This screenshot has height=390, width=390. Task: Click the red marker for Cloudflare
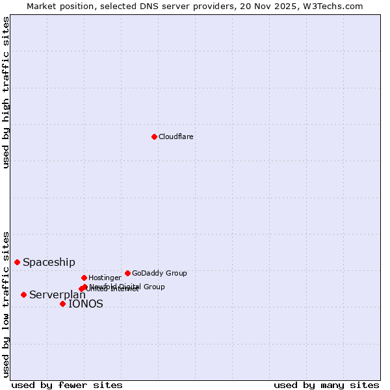click(x=154, y=136)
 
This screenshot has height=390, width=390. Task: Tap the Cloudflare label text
click(x=175, y=137)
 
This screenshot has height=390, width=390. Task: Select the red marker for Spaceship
click(x=18, y=262)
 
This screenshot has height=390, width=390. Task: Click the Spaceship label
click(x=49, y=263)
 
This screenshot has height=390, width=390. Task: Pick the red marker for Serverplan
click(x=24, y=294)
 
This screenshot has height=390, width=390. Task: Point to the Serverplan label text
click(x=57, y=295)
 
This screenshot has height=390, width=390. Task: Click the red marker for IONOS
click(x=62, y=304)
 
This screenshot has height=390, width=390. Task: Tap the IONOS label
click(x=86, y=304)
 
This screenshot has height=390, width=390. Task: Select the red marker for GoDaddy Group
click(x=127, y=273)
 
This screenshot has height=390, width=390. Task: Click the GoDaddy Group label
click(x=159, y=274)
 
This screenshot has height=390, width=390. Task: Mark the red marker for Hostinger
click(x=84, y=278)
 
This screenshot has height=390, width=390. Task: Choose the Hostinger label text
click(x=105, y=278)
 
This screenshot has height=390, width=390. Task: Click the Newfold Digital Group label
click(x=127, y=287)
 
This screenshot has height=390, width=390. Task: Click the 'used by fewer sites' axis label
click(x=67, y=385)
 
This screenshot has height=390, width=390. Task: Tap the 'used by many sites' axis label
click(x=326, y=385)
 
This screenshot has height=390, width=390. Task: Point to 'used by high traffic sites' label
click(x=6, y=92)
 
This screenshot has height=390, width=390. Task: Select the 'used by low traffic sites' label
click(x=6, y=304)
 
